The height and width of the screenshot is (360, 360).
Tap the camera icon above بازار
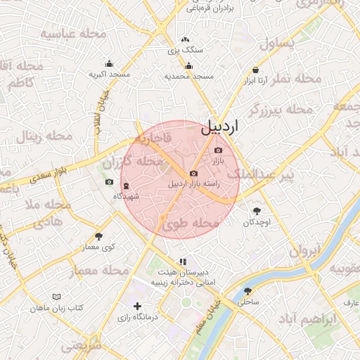click(x=218, y=150)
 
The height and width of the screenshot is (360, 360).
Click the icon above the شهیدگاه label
click(x=126, y=186)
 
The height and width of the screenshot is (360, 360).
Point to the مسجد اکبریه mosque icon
click(x=109, y=63)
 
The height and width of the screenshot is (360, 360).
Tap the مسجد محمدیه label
click(x=188, y=75)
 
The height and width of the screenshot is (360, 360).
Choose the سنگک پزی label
click(x=184, y=51)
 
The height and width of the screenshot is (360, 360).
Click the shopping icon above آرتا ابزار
click(x=255, y=70)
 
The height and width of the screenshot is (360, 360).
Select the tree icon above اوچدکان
click(x=257, y=210)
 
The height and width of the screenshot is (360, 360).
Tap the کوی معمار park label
click(x=98, y=247)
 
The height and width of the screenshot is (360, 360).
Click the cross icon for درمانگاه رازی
click(x=137, y=306)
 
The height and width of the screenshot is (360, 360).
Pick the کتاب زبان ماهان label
click(x=57, y=309)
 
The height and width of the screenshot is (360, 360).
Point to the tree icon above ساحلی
click(x=247, y=290)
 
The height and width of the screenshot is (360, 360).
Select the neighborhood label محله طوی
click(x=191, y=224)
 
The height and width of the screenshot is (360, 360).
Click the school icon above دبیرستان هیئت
click(x=184, y=262)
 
